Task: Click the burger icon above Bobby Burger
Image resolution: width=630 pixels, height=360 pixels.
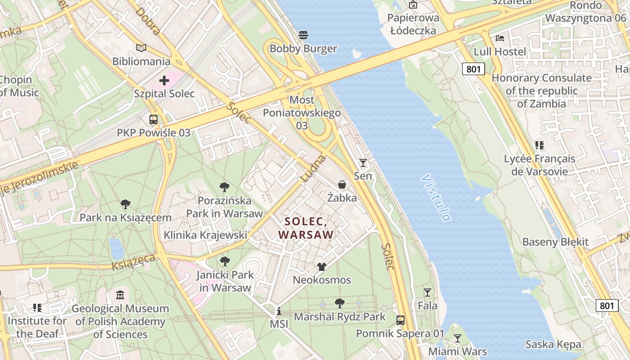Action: pos(303,35)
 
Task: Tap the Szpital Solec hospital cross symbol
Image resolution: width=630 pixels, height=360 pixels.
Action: pos(164,81)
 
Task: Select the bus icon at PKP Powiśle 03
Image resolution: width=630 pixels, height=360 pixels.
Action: pos(153,120)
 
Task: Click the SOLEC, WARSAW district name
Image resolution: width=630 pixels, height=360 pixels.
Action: pos(306,228)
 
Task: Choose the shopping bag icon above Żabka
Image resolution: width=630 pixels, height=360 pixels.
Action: pos(342,184)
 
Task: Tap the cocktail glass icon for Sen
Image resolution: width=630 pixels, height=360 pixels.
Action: pos(363,162)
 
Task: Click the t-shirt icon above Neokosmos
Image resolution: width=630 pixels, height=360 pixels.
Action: pos(321,267)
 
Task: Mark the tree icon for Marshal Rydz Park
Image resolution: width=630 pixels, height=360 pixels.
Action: pos(340,303)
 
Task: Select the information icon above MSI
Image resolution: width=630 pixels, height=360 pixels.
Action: pos(279,311)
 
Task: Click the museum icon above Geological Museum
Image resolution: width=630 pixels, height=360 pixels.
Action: pos(120,295)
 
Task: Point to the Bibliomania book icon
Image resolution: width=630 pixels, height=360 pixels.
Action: pos(141,48)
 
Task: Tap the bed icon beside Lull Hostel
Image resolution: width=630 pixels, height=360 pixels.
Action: pos(499,38)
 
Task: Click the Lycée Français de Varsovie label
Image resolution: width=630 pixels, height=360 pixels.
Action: pos(539,165)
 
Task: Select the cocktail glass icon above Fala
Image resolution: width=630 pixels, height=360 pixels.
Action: pos(427,292)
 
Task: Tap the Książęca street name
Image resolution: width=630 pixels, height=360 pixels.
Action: pos(134,261)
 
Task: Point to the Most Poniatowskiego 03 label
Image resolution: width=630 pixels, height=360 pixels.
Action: pos(301,112)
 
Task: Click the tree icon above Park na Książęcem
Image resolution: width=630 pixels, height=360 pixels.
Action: pos(126,204)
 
